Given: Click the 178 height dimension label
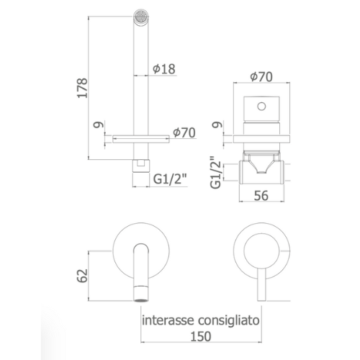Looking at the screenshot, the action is pyautogui.click(x=82, y=87).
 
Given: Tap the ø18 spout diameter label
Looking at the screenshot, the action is pyautogui.click(x=164, y=69).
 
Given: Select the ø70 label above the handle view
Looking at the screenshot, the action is pyautogui.click(x=261, y=77).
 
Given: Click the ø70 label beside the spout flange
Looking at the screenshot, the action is pyautogui.click(x=184, y=132).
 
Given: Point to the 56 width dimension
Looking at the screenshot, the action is pyautogui.click(x=261, y=195).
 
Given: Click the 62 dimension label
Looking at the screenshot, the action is pyautogui.click(x=82, y=276).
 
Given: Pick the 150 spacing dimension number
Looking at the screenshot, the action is pyautogui.click(x=201, y=336).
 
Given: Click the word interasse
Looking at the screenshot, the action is pyautogui.click(x=168, y=320).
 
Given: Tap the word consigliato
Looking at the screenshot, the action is pyautogui.click(x=229, y=320).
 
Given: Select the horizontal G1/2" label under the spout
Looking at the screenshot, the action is pyautogui.click(x=170, y=179).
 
